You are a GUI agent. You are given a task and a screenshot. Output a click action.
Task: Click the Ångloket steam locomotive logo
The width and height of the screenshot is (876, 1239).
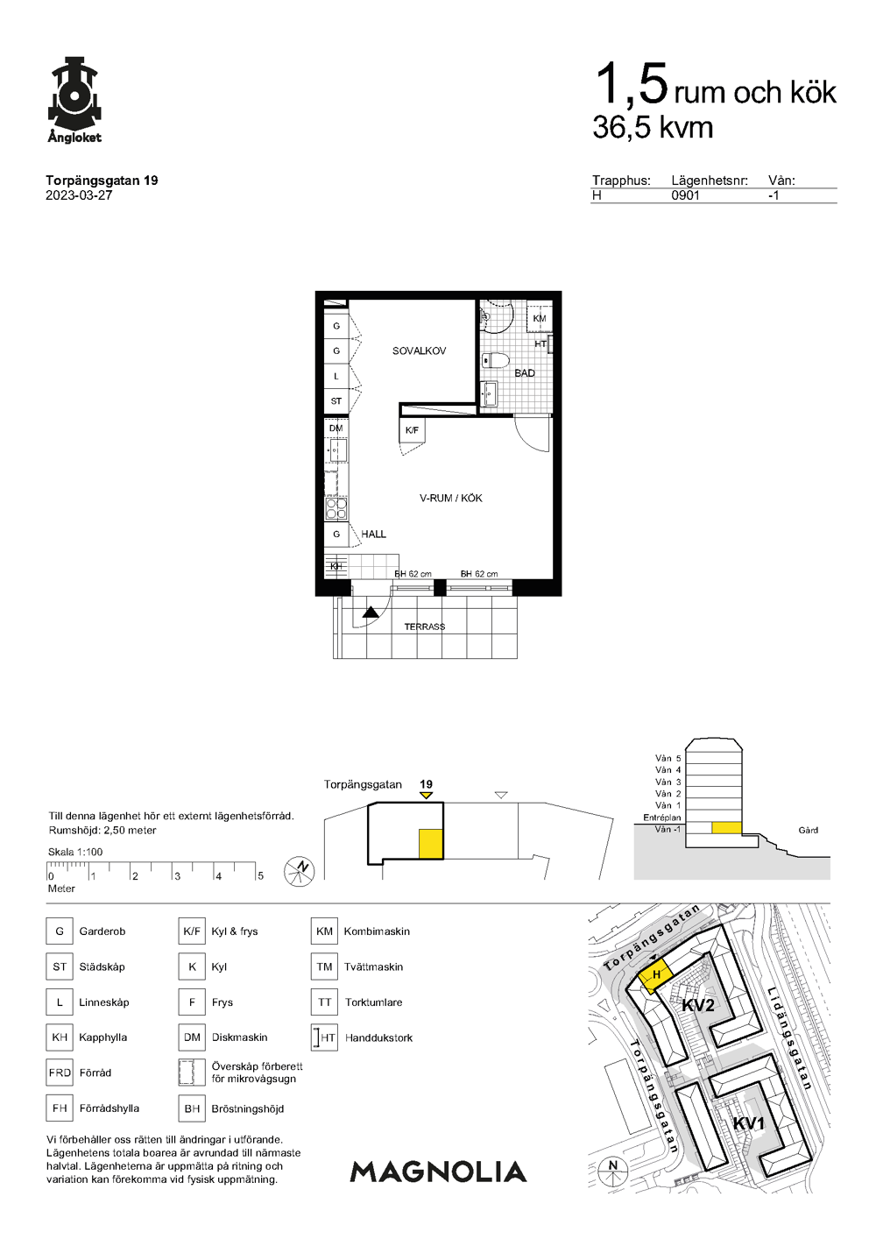(x=74, y=100)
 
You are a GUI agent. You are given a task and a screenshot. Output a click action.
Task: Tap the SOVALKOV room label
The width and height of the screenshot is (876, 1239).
(x=419, y=350)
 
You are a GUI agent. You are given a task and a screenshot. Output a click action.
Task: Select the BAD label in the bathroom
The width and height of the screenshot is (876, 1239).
(x=524, y=373)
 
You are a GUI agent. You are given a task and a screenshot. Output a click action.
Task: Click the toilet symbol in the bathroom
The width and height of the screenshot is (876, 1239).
(x=495, y=361)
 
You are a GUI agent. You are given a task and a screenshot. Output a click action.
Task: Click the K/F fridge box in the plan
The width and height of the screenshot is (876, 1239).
(x=412, y=429)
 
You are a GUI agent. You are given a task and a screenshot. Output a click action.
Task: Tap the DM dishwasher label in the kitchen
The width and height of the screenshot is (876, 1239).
(x=336, y=428)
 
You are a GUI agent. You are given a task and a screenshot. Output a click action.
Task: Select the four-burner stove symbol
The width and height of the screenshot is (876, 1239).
(x=336, y=508)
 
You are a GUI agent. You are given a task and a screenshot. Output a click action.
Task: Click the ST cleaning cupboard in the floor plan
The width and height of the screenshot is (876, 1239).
(x=336, y=401)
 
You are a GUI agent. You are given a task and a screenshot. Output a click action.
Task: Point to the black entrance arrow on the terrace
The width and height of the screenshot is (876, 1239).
(x=371, y=612)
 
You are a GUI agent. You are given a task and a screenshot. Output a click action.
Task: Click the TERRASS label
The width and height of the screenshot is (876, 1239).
(x=424, y=627)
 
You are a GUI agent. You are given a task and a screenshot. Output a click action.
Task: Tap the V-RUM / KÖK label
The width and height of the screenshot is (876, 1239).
(x=451, y=499)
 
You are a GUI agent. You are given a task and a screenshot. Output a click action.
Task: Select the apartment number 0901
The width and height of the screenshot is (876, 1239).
(x=685, y=195)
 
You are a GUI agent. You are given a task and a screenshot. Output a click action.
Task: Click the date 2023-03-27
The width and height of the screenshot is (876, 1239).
(x=79, y=195)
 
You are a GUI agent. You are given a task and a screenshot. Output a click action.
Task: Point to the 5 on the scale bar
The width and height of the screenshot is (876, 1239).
(x=260, y=875)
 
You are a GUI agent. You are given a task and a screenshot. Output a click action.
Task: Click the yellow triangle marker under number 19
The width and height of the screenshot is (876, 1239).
(x=425, y=796)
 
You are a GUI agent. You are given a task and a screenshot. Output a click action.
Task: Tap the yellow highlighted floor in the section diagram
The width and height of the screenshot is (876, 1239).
(x=726, y=828)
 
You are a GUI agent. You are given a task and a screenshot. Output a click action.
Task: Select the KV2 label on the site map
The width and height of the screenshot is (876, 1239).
(x=697, y=1005)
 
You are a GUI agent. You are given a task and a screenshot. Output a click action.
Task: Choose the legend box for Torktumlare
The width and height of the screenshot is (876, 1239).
(x=324, y=1002)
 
